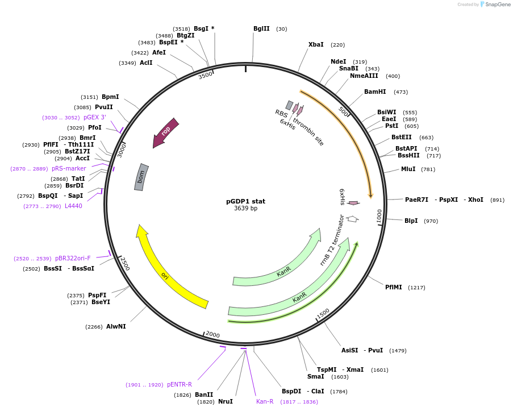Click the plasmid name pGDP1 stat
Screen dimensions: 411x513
pos(245,201)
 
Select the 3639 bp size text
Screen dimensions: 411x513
pos(245,209)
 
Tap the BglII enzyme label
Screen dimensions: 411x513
pos(261,29)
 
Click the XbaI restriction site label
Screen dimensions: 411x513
pos(316,45)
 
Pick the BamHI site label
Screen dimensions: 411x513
pos(375,92)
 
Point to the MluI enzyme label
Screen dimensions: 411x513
pos(408,169)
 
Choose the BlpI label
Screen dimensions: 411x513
pos(411,221)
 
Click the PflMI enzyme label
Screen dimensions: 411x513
pos(393,288)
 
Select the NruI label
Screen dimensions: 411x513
pos(226,402)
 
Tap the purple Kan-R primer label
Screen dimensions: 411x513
pos(265,402)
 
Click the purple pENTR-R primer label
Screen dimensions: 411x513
pos(180,385)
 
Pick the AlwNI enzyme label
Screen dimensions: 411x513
pos(116,327)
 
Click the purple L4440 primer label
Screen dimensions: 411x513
pos(73,206)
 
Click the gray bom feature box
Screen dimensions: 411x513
pos(141,177)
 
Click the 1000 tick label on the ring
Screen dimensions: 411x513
pos(379,216)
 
